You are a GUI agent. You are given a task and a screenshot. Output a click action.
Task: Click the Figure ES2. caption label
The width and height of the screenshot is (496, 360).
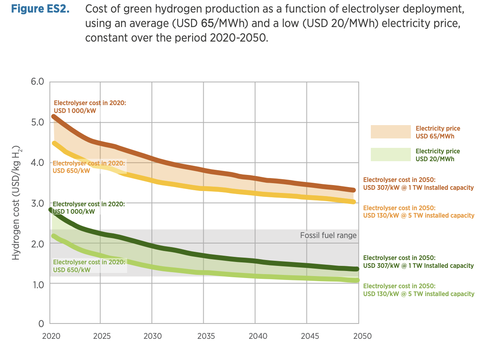pyautogui.click(x=40, y=9)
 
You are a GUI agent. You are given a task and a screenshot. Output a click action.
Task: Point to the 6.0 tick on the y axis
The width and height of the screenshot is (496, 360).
pyautogui.click(x=37, y=82)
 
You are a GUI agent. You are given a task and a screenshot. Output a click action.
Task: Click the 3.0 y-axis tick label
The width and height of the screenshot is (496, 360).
pyautogui.click(x=37, y=203)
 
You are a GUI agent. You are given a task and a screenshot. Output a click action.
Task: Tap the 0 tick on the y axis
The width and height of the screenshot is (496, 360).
pyautogui.click(x=41, y=324)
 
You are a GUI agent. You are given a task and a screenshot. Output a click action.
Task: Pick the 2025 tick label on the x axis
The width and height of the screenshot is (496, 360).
pyautogui.click(x=100, y=336)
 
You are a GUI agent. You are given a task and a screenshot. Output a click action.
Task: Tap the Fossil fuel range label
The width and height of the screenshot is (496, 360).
pyautogui.click(x=328, y=235)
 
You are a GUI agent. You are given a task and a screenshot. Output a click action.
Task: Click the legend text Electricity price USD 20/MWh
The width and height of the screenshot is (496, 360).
pyautogui.click(x=438, y=155)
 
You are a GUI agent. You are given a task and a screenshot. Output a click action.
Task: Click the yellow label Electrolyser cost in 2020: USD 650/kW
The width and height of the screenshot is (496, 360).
pyautogui.click(x=89, y=167)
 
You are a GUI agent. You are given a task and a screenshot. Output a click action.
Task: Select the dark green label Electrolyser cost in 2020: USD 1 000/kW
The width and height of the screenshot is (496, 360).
pyautogui.click(x=89, y=208)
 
